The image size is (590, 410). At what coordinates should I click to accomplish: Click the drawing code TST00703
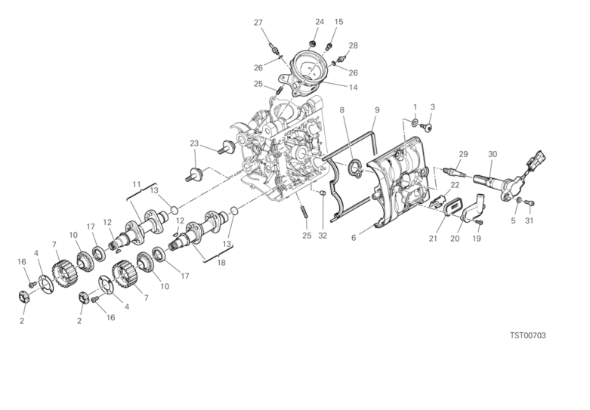click(x=527, y=335)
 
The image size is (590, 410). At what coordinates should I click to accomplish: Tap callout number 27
click(x=258, y=23)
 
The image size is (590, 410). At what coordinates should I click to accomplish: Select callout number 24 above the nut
click(x=320, y=21)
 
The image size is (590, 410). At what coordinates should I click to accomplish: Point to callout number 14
click(x=353, y=88)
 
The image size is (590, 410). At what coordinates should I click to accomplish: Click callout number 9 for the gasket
click(x=377, y=109)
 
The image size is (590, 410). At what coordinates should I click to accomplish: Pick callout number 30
click(x=493, y=154)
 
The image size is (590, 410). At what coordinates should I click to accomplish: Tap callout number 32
click(x=323, y=236)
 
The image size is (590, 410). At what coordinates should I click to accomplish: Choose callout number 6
click(x=354, y=238)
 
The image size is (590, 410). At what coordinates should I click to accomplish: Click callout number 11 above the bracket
click(x=137, y=184)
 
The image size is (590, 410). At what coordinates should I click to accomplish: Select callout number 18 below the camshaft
click(x=221, y=263)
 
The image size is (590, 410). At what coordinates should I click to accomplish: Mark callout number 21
click(x=433, y=238)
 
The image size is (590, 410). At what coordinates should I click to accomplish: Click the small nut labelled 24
click(x=311, y=44)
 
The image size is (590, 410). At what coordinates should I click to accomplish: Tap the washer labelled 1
click(x=415, y=122)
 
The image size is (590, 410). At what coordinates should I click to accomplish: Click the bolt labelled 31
click(x=531, y=203)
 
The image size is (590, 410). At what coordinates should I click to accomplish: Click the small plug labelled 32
click(x=322, y=193)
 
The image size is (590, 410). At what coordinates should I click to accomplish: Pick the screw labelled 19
click(x=480, y=222)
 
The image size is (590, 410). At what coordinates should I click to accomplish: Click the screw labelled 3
click(x=427, y=127)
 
